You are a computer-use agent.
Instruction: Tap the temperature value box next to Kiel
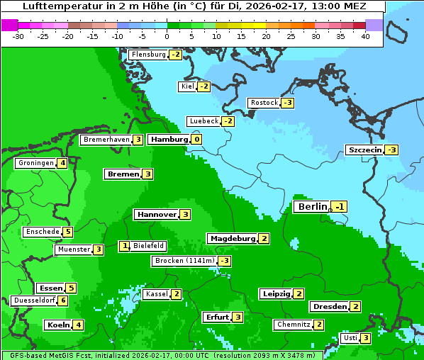tap(204, 86)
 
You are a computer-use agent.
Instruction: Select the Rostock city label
tap(264, 103)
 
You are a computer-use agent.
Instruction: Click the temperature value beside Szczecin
tap(391, 150)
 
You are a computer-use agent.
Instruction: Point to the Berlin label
tap(313, 206)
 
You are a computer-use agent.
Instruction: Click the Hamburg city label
tap(169, 139)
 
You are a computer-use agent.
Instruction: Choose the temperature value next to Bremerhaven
tap(138, 140)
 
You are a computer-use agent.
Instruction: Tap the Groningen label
tap(36, 163)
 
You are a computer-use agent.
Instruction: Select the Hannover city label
tap(157, 214)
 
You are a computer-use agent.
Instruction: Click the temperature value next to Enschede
tap(67, 232)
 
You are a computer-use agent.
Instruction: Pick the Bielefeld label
tap(149, 246)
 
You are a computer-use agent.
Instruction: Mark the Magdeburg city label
tap(233, 238)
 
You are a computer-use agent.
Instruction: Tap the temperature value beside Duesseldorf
tap(63, 300)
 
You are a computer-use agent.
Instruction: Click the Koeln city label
tap(58, 325)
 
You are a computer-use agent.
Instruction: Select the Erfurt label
tap(217, 317)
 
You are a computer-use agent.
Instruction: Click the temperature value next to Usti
tap(365, 338)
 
